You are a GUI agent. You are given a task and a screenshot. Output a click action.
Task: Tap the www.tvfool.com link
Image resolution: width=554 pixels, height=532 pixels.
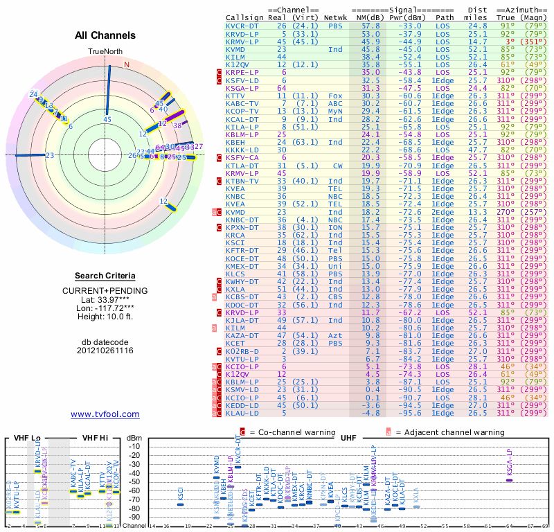click(x=105, y=414)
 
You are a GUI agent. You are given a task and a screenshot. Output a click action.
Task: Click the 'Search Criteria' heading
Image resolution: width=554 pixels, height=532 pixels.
click(x=106, y=276)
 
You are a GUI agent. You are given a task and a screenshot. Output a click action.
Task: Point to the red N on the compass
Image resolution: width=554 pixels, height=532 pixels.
click(x=127, y=64)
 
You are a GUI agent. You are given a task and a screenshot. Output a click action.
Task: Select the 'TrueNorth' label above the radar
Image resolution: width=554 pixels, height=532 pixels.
click(x=105, y=52)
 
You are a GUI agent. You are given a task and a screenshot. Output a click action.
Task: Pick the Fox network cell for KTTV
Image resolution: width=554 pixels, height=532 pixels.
click(x=335, y=96)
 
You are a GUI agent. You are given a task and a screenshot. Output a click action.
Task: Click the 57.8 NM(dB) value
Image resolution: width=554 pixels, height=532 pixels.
click(x=370, y=25)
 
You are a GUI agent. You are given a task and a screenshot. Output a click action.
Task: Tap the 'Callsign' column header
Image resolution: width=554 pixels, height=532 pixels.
click(x=244, y=17)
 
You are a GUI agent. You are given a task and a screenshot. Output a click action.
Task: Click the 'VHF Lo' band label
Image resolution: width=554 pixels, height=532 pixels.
click(x=27, y=438)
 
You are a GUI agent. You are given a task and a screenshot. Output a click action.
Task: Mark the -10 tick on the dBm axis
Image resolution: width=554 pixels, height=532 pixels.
click(x=134, y=446)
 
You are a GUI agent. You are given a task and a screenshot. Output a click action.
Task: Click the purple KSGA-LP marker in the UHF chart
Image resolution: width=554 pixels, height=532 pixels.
click(x=510, y=480)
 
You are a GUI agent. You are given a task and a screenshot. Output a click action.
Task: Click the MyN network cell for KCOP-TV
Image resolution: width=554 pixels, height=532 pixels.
click(x=335, y=111)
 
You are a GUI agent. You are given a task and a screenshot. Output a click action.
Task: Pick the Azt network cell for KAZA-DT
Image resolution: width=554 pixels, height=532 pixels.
click(x=335, y=334)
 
